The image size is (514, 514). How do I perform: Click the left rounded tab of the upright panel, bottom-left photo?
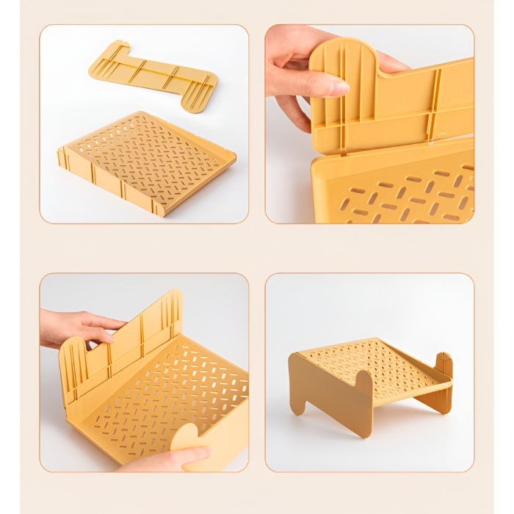[73, 360]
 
